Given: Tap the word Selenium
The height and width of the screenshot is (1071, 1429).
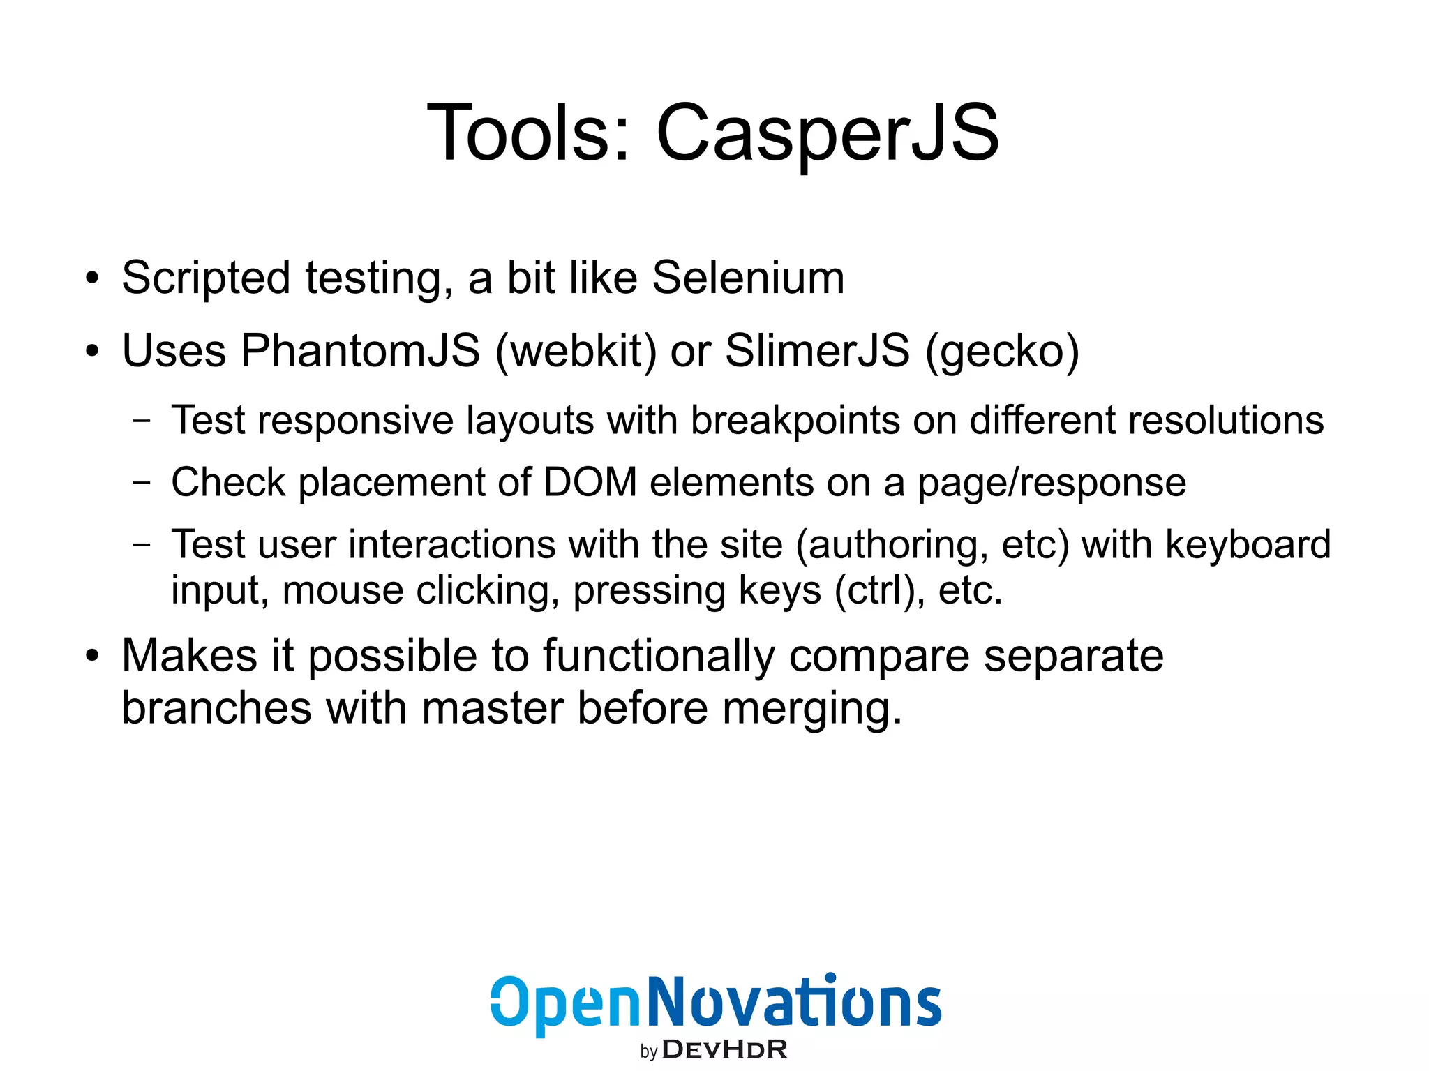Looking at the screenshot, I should point(748,278).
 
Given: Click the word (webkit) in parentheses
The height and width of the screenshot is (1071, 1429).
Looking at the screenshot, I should point(576,351).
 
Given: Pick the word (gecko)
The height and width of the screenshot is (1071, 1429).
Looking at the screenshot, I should point(1002,351).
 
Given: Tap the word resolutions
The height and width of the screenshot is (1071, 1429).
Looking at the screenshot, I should point(1225,421).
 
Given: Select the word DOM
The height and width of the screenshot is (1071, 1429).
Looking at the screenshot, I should point(590,482).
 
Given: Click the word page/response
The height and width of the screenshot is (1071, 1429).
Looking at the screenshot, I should point(1052,484).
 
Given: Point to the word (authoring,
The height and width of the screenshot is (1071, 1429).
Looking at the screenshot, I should point(892,545).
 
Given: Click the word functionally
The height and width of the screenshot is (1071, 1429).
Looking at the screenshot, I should point(659,657).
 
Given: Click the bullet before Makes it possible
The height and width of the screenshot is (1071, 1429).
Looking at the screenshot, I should point(92,657).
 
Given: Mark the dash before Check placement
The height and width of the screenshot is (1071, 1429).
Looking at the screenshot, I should point(142,483).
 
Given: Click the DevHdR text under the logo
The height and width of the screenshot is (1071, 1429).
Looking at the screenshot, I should point(724,1049).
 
